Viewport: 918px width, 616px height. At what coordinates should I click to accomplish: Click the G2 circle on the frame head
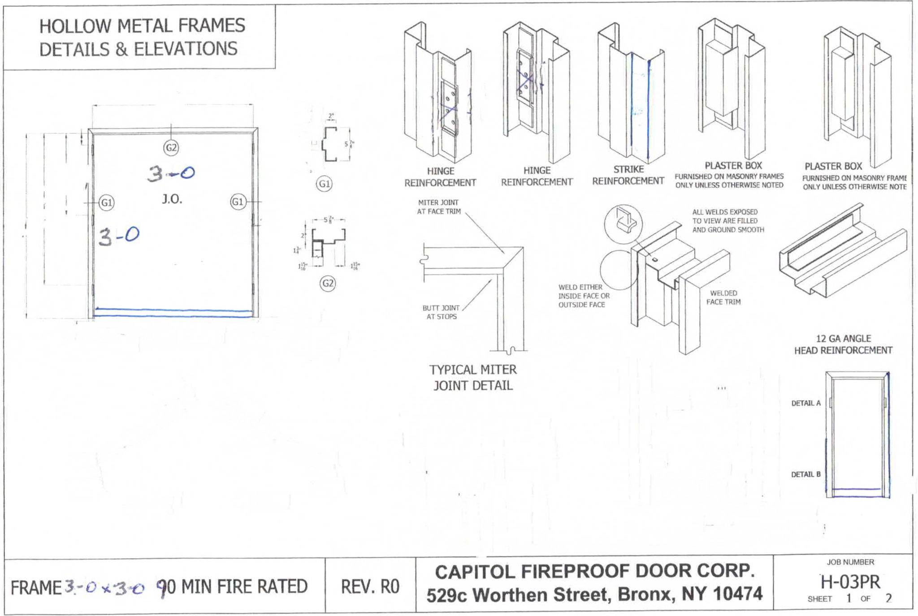click(x=171, y=148)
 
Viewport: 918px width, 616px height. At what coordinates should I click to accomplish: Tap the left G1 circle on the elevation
click(x=107, y=202)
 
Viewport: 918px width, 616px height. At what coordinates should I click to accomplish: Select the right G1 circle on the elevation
click(x=238, y=202)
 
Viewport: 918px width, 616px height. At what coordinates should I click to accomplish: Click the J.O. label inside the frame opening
click(x=172, y=199)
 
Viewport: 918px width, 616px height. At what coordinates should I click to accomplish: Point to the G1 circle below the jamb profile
click(x=324, y=184)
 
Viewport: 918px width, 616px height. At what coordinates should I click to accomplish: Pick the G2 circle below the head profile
click(x=328, y=283)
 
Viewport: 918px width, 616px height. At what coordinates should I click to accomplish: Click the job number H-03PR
click(x=850, y=582)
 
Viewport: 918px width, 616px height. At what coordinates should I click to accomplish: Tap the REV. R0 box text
click(x=370, y=586)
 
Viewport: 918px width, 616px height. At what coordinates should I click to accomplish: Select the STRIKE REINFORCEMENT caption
click(x=628, y=175)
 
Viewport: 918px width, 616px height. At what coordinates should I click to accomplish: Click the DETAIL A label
click(x=805, y=403)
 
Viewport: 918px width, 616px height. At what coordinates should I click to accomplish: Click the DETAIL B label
click(x=805, y=474)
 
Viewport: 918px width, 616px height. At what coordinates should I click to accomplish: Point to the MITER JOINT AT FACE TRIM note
click(x=438, y=207)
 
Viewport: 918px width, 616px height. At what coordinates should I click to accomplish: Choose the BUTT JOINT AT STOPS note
click(x=441, y=312)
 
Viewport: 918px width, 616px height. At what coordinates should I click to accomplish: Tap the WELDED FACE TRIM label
click(x=723, y=297)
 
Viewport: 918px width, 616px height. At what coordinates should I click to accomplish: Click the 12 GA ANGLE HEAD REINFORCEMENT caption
click(x=843, y=345)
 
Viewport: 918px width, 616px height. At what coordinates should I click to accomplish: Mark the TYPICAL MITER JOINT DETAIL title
click(x=473, y=378)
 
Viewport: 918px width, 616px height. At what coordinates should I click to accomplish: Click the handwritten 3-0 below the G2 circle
click(x=170, y=173)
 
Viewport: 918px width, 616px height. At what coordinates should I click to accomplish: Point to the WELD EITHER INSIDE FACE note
click(x=584, y=296)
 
